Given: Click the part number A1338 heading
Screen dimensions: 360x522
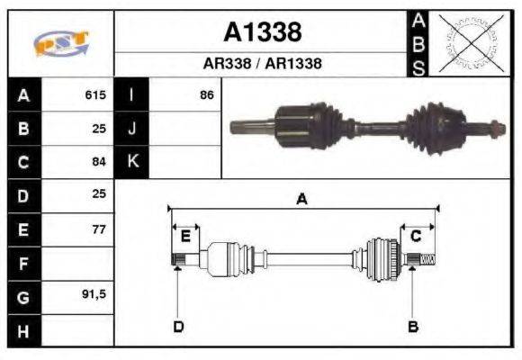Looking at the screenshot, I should point(262,33).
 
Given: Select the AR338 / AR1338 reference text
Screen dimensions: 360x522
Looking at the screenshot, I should point(262,64).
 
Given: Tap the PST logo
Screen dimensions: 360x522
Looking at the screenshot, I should point(61,43).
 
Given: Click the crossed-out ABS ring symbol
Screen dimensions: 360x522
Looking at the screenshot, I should point(468,42).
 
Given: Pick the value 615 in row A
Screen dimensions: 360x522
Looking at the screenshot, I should point(95,94).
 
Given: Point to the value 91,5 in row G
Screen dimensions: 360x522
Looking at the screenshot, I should point(94,297).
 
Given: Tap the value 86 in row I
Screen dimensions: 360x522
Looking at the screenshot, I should point(206,94).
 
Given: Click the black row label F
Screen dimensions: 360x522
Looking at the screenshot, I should point(22,264).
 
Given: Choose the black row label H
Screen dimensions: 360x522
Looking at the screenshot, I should point(22,330).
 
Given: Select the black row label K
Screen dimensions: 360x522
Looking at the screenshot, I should point(131,162).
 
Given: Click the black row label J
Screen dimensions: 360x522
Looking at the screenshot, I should point(131,129).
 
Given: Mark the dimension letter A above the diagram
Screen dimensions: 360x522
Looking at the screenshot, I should point(302,200).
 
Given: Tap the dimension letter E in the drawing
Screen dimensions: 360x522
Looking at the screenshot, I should point(185,236).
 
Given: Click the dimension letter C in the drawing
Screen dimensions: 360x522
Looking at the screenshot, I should point(416,236).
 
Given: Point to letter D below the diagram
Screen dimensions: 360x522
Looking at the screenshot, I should point(177,326).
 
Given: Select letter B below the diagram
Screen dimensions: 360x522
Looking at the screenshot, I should point(413,326).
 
